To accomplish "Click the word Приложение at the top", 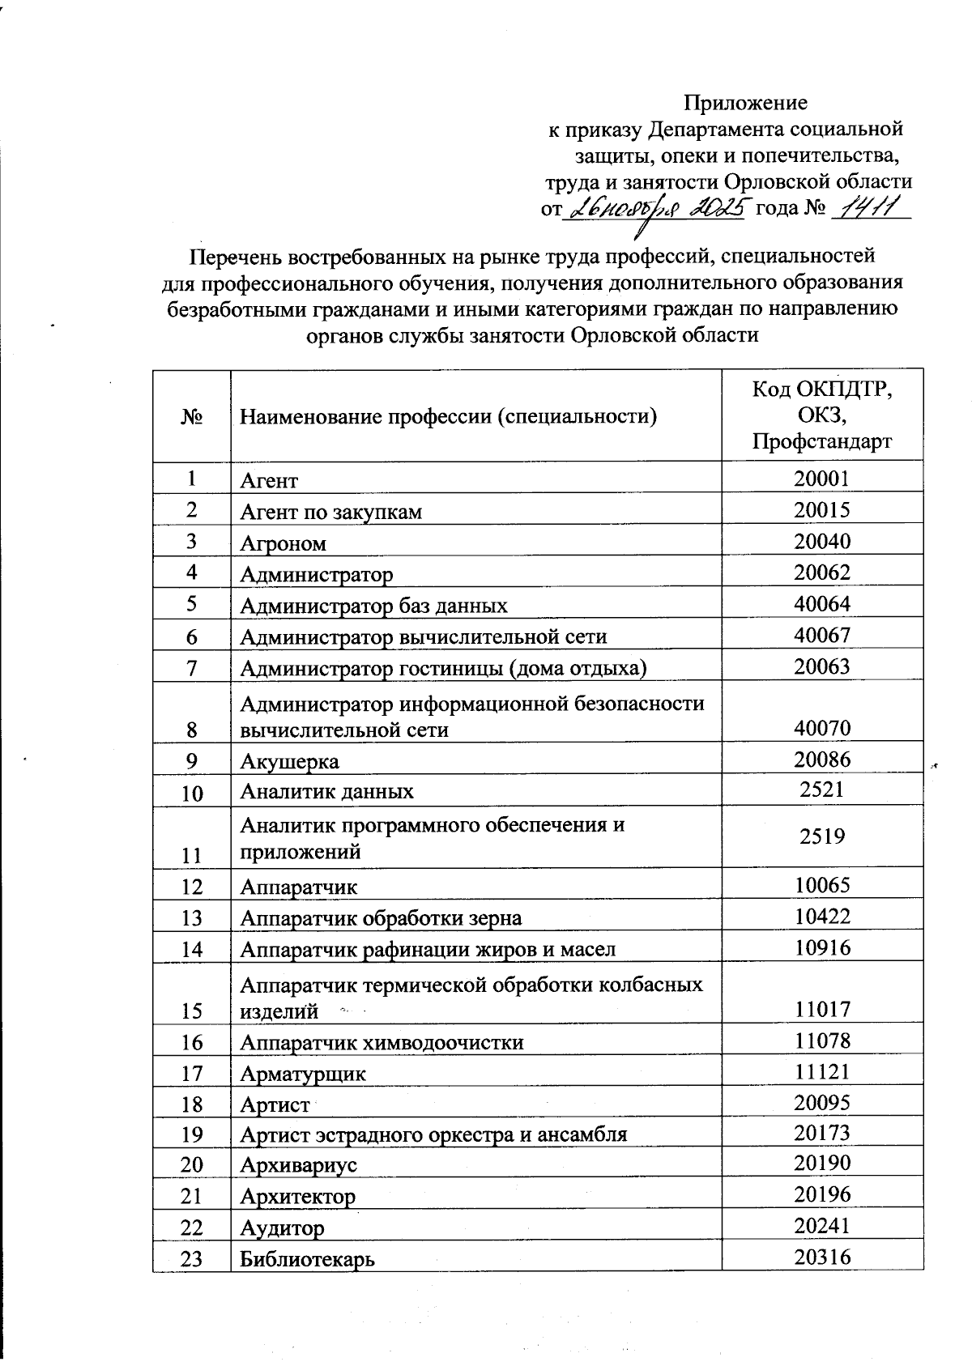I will pyautogui.click(x=745, y=103).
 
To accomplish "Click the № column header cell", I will pyautogui.click(x=191, y=416).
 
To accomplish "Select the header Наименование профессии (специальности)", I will pyautogui.click(x=447, y=417).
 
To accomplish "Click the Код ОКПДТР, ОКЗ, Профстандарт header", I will pyautogui.click(x=821, y=415).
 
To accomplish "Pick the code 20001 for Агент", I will pyautogui.click(x=821, y=479).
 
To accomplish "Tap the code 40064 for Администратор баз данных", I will pyautogui.click(x=821, y=604).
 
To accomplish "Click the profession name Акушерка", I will pyautogui.click(x=290, y=762).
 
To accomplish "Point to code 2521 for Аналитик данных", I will pyautogui.click(x=821, y=789).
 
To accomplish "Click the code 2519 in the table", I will pyautogui.click(x=821, y=836).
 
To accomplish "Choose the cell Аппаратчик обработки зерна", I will pyautogui.click(x=381, y=918).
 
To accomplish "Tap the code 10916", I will pyautogui.click(x=821, y=947).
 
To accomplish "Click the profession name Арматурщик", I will pyautogui.click(x=303, y=1075).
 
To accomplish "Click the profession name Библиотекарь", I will pyautogui.click(x=308, y=1260).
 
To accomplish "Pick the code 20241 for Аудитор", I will pyautogui.click(x=821, y=1227).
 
